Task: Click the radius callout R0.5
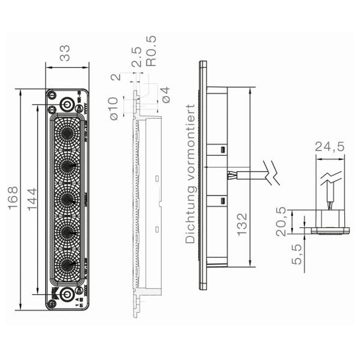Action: click(152, 51)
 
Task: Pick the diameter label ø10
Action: click(113, 108)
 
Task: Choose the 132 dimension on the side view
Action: click(242, 224)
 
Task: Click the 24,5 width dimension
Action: click(329, 146)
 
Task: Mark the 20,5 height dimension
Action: click(282, 221)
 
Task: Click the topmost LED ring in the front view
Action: click(67, 133)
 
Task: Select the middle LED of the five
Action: click(67, 198)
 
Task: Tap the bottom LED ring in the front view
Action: click(67, 264)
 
